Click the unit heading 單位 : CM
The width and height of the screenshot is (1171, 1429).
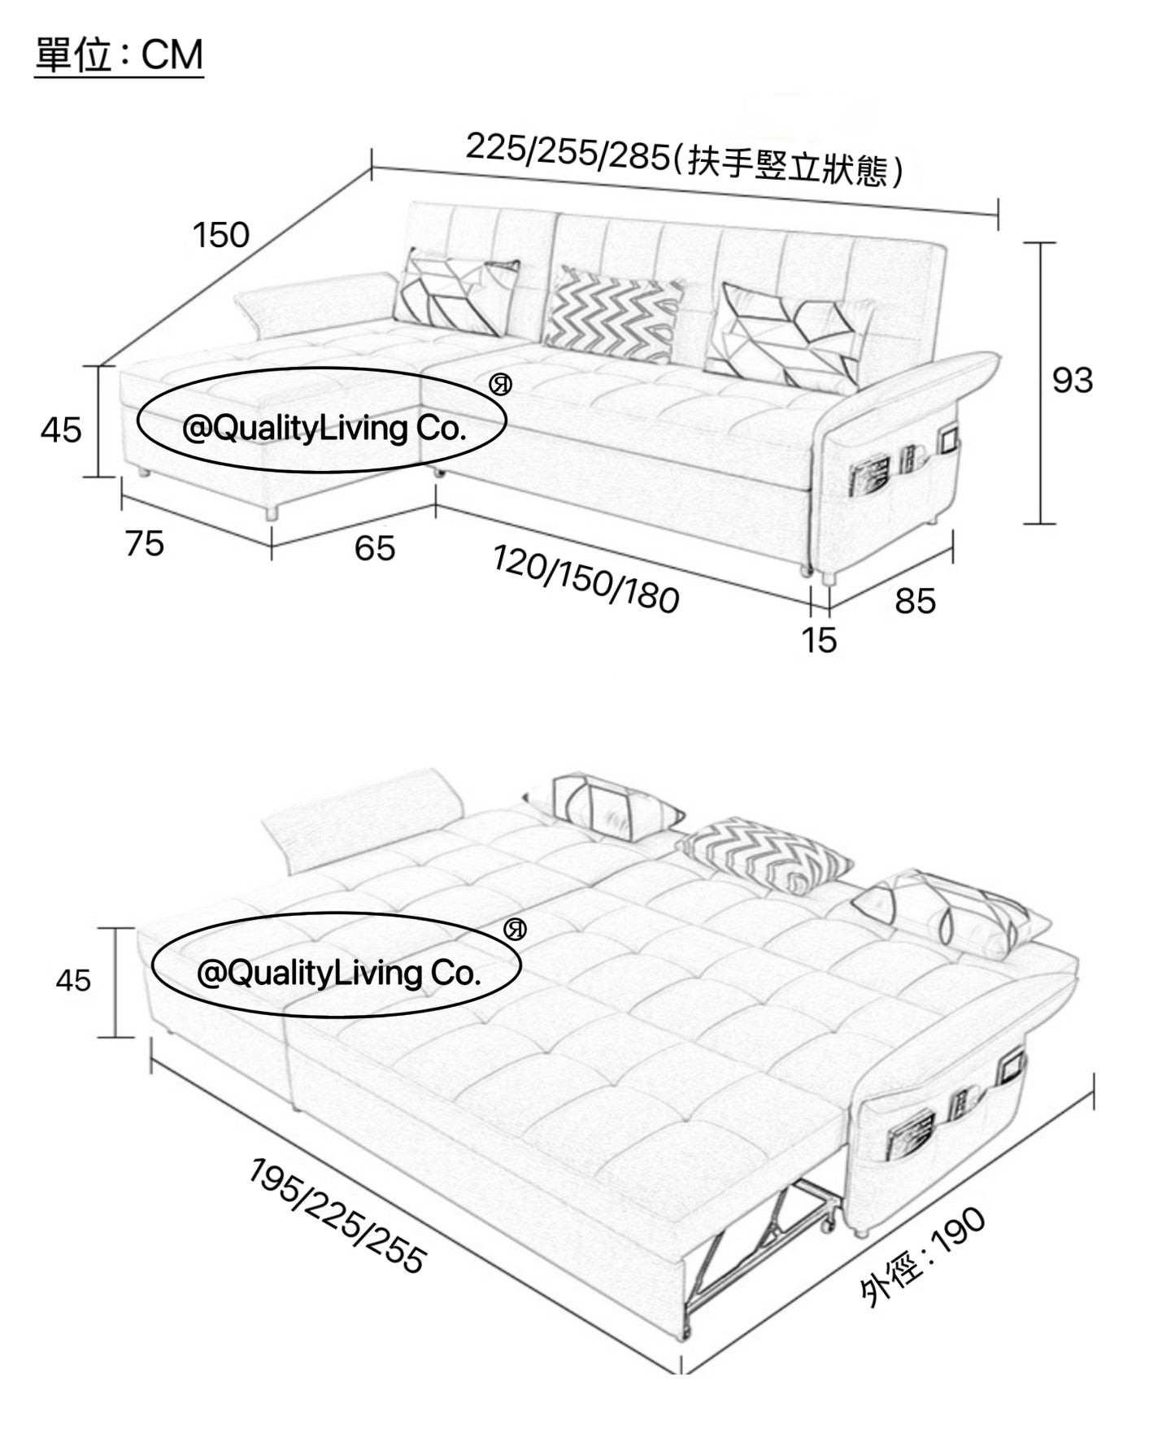point(119,55)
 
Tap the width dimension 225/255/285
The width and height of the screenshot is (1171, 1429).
point(567,152)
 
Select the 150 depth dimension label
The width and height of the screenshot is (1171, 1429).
point(220,235)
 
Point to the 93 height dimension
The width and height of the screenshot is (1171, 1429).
point(1073,380)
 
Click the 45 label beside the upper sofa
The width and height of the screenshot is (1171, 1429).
point(61,429)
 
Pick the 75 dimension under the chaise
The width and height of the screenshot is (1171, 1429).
point(145,543)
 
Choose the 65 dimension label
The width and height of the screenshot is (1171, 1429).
point(375,548)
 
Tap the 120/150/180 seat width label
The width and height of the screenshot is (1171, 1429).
point(585,579)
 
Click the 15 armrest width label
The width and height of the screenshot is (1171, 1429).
point(819,641)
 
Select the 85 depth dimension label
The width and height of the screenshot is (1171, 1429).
point(916,602)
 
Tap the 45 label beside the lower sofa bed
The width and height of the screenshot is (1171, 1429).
point(73,981)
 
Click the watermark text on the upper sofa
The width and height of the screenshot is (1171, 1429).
point(324,428)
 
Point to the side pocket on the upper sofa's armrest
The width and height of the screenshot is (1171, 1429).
point(903,470)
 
